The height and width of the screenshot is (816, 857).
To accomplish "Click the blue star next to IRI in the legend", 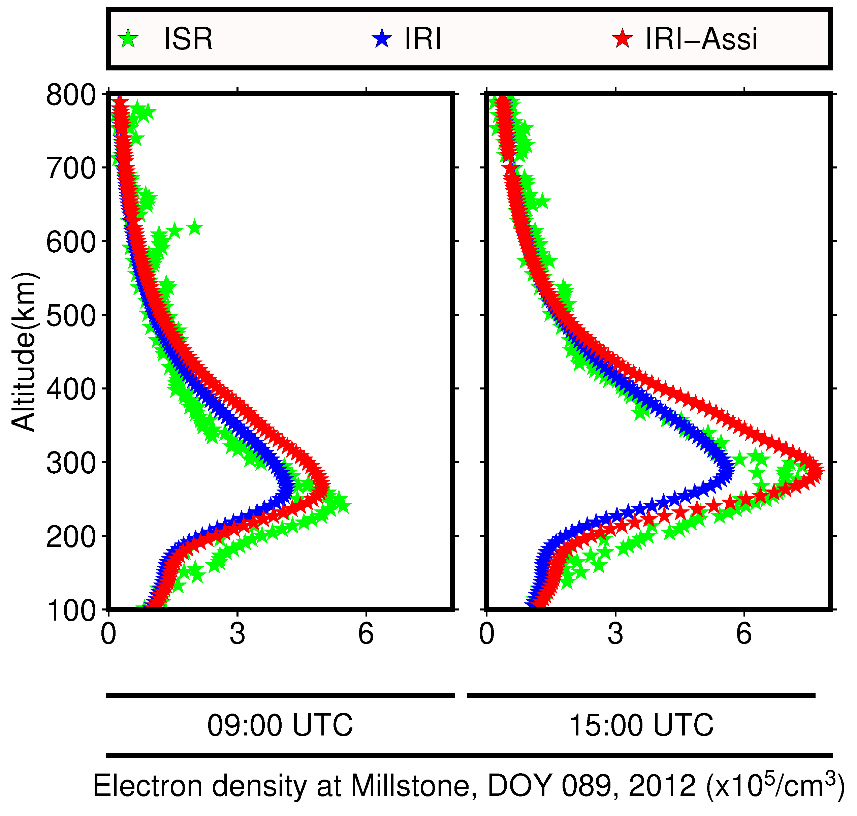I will coord(382,39).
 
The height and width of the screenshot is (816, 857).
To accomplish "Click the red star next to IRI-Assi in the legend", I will coord(623,39).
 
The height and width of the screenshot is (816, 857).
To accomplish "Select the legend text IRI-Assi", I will coord(701,39).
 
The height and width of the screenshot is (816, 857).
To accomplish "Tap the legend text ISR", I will coord(188,39).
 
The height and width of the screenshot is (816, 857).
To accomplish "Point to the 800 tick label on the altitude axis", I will coord(71,95).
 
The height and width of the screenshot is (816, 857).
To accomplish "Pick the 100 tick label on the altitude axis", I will coord(71,611).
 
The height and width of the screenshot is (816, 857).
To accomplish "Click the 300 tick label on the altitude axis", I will coord(71,463).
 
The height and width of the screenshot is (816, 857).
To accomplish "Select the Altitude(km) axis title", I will coord(24,352).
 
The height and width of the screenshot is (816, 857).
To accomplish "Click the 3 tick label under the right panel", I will coord(615,634).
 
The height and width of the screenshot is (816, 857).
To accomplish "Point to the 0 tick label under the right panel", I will coord(486,634).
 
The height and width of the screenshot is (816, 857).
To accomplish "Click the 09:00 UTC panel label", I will coord(280,725).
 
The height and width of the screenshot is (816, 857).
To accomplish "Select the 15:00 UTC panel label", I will coord(641,725).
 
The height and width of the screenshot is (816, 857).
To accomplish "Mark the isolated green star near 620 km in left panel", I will coord(194,227).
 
